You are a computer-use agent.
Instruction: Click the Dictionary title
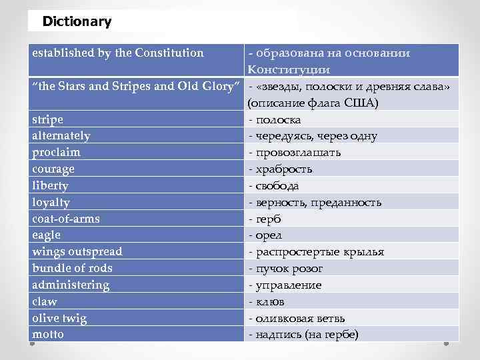[77, 21]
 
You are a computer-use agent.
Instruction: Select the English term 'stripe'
[48, 119]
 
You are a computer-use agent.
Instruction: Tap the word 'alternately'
[61, 136]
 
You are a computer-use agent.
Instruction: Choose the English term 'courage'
[53, 169]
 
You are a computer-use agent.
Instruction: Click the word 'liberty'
[50, 186]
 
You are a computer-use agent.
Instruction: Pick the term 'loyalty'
[51, 202]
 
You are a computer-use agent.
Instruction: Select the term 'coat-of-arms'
[66, 219]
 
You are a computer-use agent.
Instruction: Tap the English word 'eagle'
[46, 235]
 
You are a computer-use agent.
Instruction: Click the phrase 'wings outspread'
[77, 252]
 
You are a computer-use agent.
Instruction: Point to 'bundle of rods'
[72, 268]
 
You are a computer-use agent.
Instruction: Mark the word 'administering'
[70, 285]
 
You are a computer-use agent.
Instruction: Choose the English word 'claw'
[44, 301]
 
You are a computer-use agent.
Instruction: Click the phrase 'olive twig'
[59, 318]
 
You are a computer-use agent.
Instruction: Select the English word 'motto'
[48, 334]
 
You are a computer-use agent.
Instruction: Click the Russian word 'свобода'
[277, 186]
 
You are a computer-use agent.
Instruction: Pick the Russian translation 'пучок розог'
[288, 269]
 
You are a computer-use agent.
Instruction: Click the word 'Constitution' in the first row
[170, 53]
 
